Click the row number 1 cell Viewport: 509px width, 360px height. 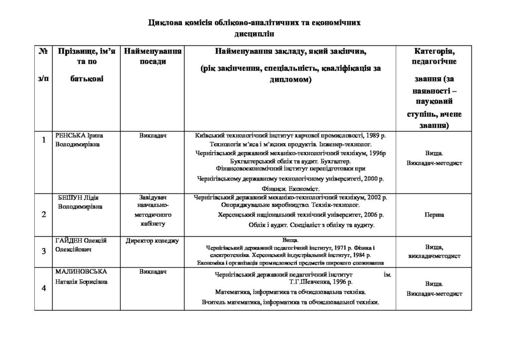(44, 140)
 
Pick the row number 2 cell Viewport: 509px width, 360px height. (44, 215)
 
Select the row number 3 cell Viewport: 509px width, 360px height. (44, 250)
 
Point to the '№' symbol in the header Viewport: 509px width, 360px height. (43, 51)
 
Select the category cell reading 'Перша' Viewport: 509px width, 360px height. (434, 215)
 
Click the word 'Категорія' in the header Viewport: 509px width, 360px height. (434, 51)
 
